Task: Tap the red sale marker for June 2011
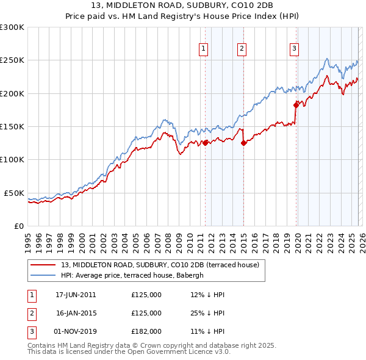tap(205, 143)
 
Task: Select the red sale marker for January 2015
tap(243, 143)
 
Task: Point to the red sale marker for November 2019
tap(296, 105)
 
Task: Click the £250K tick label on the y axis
tap(12, 60)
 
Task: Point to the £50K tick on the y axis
tap(15, 193)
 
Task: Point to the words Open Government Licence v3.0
tap(178, 352)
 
